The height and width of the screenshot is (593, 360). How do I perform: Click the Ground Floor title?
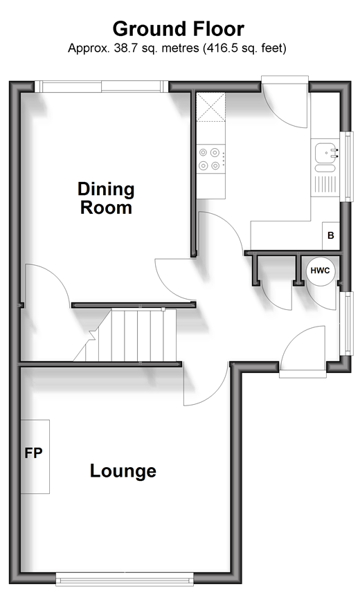[x=179, y=29]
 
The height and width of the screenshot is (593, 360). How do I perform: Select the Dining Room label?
[x=106, y=198]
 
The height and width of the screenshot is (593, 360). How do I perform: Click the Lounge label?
[x=123, y=471]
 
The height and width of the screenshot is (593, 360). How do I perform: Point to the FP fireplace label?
[x=33, y=453]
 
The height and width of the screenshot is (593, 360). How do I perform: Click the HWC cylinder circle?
[x=321, y=271]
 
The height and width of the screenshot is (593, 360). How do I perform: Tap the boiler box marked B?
[x=331, y=236]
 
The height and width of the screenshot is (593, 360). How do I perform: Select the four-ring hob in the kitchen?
[x=210, y=159]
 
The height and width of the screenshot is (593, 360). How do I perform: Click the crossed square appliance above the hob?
[x=210, y=107]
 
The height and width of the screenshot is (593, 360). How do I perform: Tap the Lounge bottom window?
[x=125, y=578]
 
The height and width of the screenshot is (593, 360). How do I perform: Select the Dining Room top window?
[x=101, y=86]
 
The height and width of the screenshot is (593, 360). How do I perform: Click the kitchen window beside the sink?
[x=346, y=167]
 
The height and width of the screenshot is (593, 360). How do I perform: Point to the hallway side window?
[x=345, y=323]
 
